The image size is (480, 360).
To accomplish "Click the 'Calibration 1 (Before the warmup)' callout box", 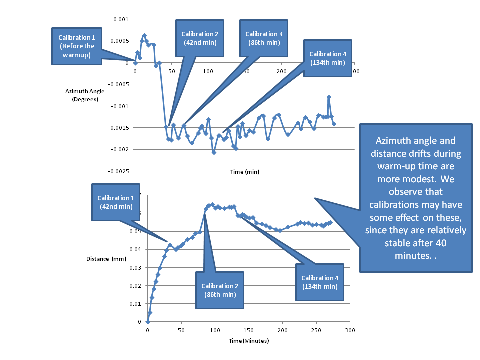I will (x=77, y=46).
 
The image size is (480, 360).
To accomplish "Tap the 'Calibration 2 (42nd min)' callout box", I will (x=200, y=38).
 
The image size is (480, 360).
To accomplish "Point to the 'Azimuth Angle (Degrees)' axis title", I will (x=82, y=95).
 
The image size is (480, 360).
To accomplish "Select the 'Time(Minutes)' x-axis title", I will (x=249, y=341).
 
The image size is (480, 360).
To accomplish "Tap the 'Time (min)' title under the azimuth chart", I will (x=245, y=172).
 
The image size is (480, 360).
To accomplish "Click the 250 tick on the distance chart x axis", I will (x=316, y=331).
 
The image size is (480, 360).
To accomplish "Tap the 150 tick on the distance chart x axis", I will (x=248, y=331).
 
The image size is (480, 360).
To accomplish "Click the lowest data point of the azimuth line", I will (x=214, y=152).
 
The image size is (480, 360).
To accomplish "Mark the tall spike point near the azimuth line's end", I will (x=329, y=97).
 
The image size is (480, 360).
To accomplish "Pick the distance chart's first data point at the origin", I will (x=148, y=322).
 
